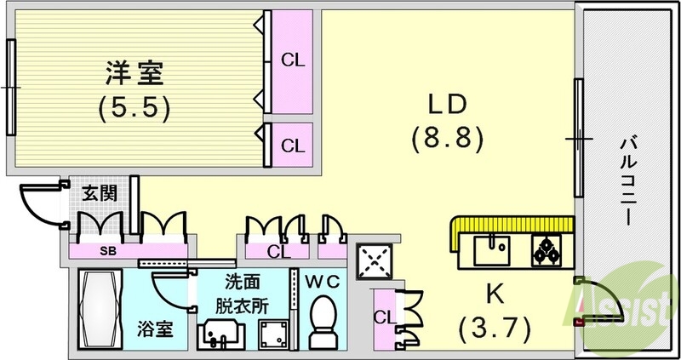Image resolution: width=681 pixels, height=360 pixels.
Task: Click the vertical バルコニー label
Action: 628,179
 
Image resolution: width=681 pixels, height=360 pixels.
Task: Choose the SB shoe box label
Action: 108,252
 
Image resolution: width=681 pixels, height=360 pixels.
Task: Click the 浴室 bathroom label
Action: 160,328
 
